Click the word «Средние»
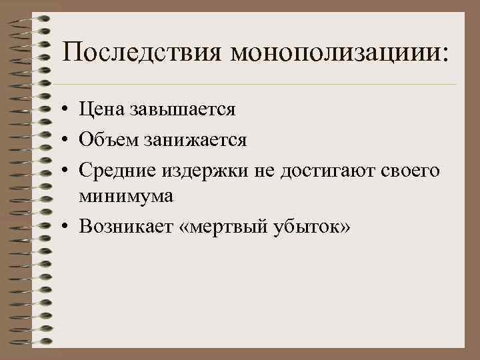117,171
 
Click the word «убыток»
308,227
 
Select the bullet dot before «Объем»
67,141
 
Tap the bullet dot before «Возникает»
67,229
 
